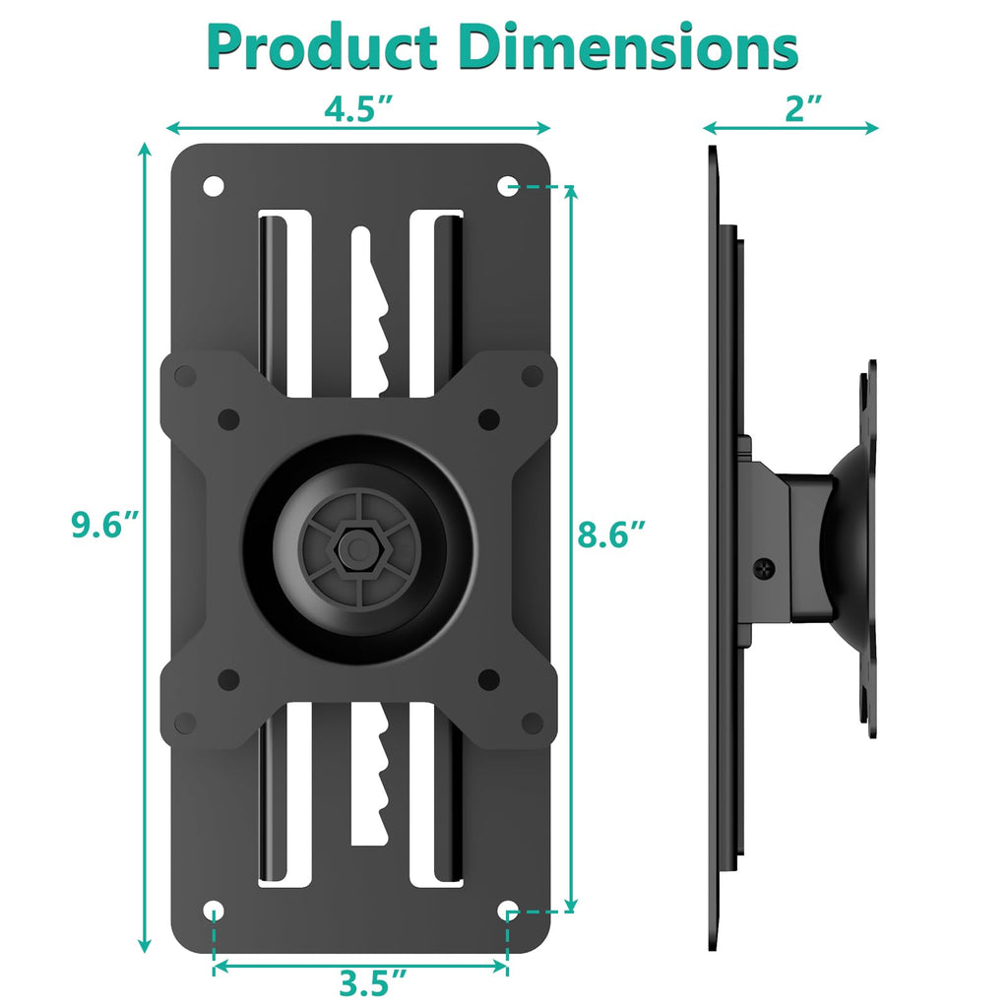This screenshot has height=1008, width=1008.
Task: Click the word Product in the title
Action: pos(322,46)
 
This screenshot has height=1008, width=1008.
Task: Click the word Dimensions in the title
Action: pos(630,46)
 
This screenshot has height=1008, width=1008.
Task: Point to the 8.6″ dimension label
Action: pos(612,535)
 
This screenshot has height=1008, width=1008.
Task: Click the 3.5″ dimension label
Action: pos(373,982)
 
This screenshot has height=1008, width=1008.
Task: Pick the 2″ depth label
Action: pos(804,109)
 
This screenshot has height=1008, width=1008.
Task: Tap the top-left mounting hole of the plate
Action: pos(214,185)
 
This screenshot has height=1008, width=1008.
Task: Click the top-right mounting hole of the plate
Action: pos(507,185)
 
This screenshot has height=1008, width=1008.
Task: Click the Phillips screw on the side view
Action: pos(765,567)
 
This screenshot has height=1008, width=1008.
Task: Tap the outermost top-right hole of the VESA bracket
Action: pos(533,374)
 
